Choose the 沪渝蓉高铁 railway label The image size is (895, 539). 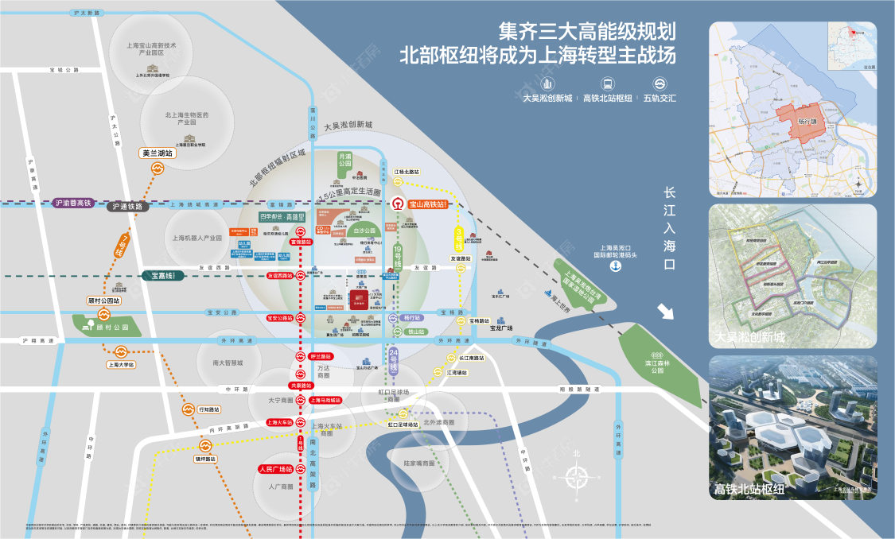coord(73,204)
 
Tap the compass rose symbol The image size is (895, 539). coord(578,477)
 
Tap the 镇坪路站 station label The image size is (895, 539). coord(206,459)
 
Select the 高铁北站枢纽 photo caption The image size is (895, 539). coord(749,489)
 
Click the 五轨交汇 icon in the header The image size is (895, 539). coord(660,83)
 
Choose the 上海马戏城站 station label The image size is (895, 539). coord(325,400)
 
